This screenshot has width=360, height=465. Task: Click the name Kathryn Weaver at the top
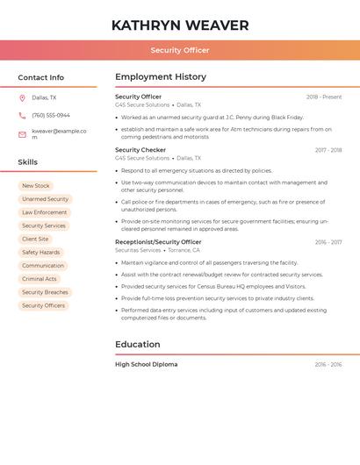click(180, 25)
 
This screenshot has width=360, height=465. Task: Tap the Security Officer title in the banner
click(180, 50)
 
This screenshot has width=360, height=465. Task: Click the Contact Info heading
click(41, 77)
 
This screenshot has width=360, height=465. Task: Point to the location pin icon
click(22, 97)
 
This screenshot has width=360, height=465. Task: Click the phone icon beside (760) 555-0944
click(22, 115)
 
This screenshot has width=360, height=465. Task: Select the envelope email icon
click(22, 134)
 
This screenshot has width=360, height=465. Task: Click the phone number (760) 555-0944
click(51, 115)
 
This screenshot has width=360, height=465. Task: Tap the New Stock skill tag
click(36, 186)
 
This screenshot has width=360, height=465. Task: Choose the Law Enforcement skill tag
click(45, 212)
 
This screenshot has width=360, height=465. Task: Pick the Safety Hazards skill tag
click(41, 253)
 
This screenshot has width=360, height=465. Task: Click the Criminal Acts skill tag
click(40, 279)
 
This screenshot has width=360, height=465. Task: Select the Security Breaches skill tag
click(45, 292)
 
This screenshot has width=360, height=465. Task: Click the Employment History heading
click(161, 77)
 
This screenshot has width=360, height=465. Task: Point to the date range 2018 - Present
click(324, 97)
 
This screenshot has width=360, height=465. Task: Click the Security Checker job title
click(140, 150)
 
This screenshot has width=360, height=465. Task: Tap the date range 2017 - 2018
click(328, 150)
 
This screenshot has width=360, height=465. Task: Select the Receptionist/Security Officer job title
click(158, 242)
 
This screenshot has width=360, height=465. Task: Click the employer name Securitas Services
click(138, 250)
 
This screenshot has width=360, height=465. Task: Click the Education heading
click(138, 345)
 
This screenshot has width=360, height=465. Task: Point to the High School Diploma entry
click(146, 364)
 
